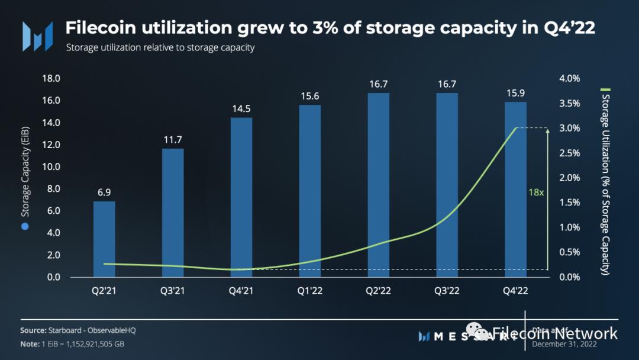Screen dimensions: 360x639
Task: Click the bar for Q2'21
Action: click(x=104, y=239)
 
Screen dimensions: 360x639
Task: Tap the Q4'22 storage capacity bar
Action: click(x=515, y=189)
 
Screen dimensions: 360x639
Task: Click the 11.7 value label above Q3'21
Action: click(x=173, y=139)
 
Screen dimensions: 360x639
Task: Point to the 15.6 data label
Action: click(x=310, y=96)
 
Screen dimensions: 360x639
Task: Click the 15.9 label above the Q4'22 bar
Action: click(x=515, y=93)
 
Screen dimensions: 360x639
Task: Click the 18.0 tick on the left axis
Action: click(x=51, y=79)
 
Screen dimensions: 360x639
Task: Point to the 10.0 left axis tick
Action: click(x=51, y=167)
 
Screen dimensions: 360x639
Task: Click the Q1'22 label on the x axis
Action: click(x=310, y=291)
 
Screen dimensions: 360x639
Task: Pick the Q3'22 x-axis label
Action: click(x=447, y=291)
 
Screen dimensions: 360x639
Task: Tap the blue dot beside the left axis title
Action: click(x=25, y=227)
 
